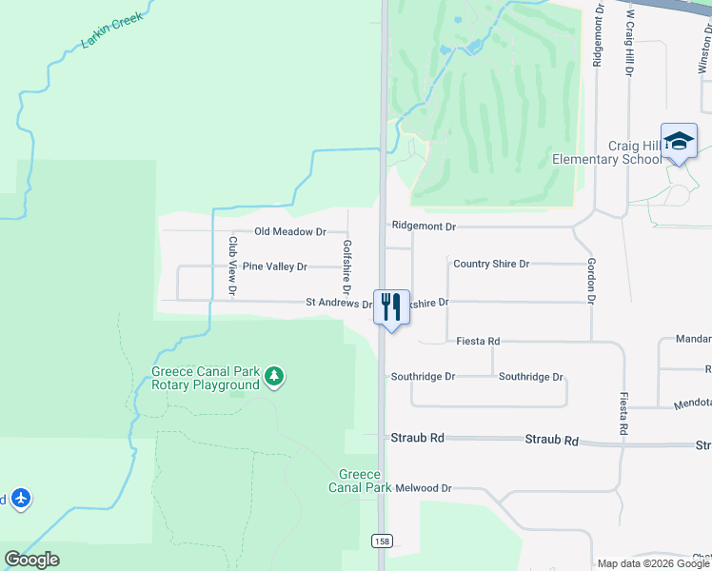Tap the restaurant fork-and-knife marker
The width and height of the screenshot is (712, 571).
pos(391,306)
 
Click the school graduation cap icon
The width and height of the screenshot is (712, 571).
pos(679,141)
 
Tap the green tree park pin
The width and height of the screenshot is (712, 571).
pos(274,376)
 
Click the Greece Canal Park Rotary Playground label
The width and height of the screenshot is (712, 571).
pos(205,379)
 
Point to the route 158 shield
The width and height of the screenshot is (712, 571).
pos(381,541)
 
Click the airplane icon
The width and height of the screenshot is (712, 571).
pos(21,498)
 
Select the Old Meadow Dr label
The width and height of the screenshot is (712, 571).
pos(290,231)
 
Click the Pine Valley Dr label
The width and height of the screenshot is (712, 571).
pos(274,266)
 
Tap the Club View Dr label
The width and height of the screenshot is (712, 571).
pos(232,266)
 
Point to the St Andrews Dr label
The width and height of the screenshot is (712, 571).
pos(339,304)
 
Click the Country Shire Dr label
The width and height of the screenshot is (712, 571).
pos(491,264)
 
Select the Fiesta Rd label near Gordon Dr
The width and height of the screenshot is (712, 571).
pos(478,341)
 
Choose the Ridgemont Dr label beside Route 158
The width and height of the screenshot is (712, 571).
pos(424,226)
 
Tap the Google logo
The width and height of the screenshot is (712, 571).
pos(31,560)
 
